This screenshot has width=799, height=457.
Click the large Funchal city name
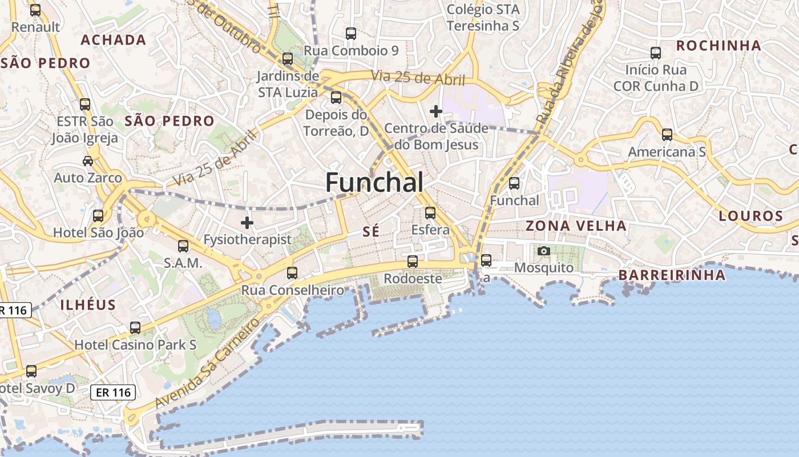pos(374,182)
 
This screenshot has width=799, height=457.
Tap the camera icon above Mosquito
pos(544,251)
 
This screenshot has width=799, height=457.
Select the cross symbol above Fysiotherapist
pos(247,222)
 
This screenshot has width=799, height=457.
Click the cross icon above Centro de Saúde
pos(436,111)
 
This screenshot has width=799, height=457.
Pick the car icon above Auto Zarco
pos(88,161)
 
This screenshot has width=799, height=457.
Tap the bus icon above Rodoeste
pos(413,262)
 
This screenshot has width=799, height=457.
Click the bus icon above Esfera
pos(430,213)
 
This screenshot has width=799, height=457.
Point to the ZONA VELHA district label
pos(576,226)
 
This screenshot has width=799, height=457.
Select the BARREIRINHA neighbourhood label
pos(672,275)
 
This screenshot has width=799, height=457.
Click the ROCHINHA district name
pos(719,46)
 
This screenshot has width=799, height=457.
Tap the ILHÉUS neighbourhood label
pos(88,304)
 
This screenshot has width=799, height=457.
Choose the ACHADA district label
pos(114,40)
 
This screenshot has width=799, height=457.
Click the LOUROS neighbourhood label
pos(750,216)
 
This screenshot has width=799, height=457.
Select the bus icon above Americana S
pos(667,135)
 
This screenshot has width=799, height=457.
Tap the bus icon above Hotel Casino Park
pos(135,328)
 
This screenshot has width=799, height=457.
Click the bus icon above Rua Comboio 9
pos(351,34)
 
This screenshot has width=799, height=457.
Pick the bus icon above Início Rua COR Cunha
pos(656,53)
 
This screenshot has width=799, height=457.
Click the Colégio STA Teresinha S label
pos(483,18)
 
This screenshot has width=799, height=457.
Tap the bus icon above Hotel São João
pos(98,216)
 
